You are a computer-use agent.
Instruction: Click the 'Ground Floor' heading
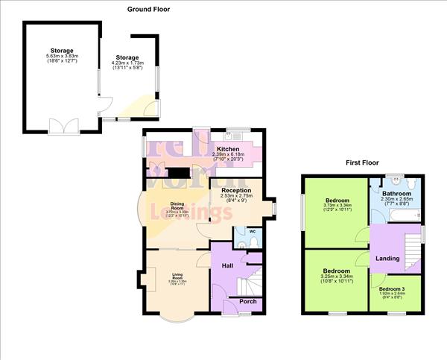pos(149,10)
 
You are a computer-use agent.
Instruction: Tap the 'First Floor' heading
pos(364,162)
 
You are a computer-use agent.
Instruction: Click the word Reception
pos(236,190)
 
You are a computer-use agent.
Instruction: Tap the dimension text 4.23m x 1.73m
pos(127,63)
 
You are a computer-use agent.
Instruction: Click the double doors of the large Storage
pos(60,125)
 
